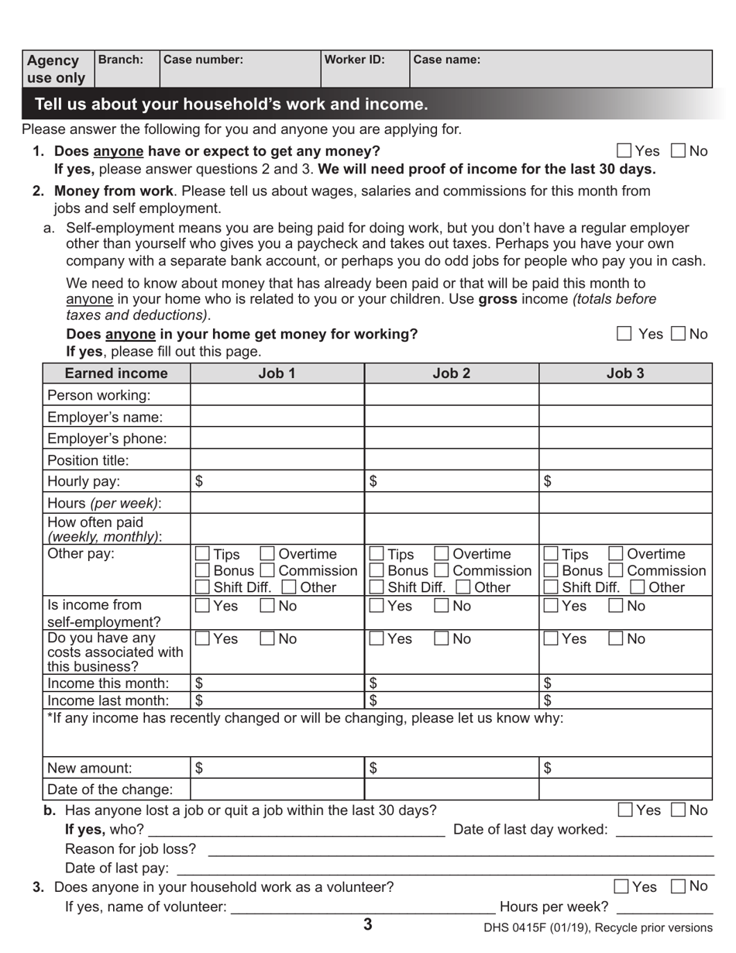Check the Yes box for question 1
click(x=624, y=151)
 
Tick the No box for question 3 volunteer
click(x=678, y=886)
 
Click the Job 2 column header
click(x=451, y=373)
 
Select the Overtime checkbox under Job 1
click(x=267, y=554)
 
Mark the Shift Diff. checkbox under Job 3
click(x=551, y=587)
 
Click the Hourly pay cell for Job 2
click(x=451, y=481)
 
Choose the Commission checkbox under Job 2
click(x=441, y=571)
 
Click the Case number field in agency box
click(x=239, y=69)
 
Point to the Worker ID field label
click(x=355, y=60)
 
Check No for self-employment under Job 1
click(x=267, y=606)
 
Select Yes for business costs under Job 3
click(x=551, y=639)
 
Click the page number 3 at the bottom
click(x=367, y=924)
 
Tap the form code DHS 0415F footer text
click(x=598, y=927)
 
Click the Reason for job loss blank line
click(x=460, y=849)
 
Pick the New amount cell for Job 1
click(x=277, y=768)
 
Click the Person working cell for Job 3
click(x=625, y=395)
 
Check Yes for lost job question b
click(x=626, y=810)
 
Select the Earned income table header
click(x=116, y=373)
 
